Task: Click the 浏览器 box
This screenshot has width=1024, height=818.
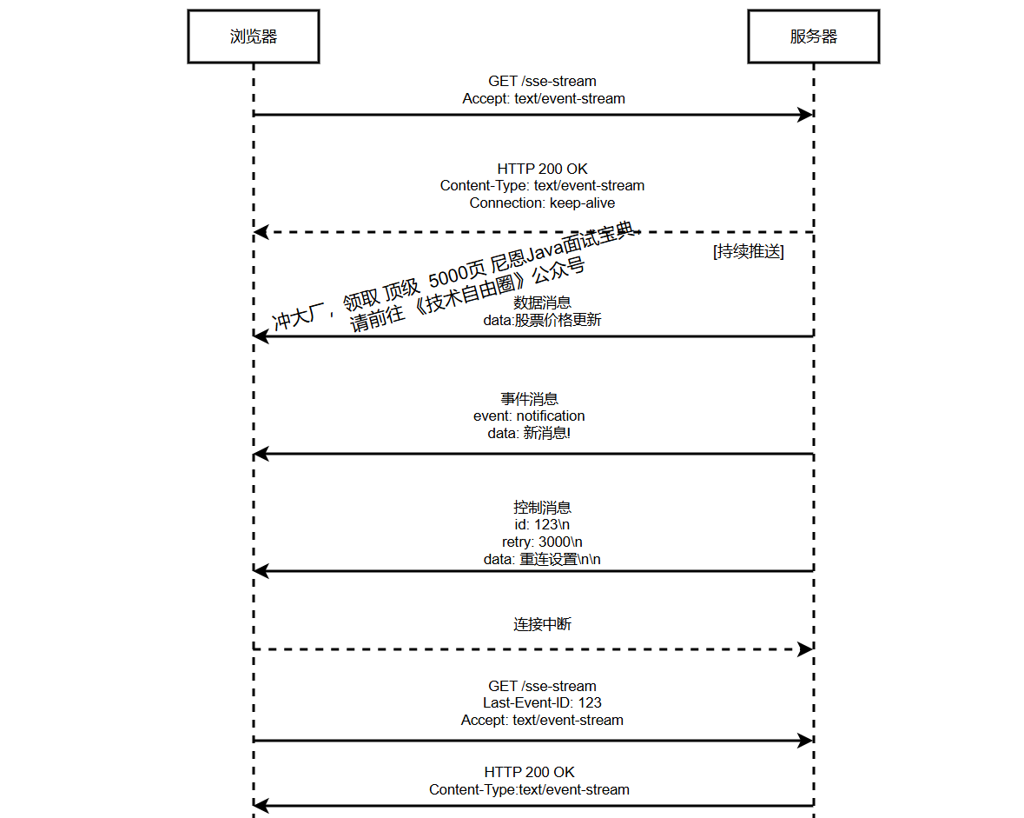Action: click(x=254, y=37)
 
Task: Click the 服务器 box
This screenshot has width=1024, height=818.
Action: click(x=813, y=37)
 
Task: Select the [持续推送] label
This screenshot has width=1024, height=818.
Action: click(x=748, y=252)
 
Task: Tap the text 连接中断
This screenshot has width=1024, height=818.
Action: click(x=542, y=624)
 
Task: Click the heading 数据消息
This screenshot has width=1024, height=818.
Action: click(x=542, y=303)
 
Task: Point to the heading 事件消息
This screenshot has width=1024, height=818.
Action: click(x=529, y=399)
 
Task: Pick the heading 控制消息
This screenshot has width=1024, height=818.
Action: click(x=542, y=508)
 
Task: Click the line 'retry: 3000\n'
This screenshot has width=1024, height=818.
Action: click(x=542, y=542)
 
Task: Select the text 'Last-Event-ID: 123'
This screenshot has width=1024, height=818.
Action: click(x=542, y=702)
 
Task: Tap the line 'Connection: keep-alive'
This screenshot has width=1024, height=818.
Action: click(x=542, y=203)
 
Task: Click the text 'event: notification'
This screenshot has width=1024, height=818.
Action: click(x=529, y=416)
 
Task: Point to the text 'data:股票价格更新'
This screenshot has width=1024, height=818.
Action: click(x=542, y=320)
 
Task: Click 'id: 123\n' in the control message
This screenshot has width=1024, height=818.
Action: click(x=542, y=525)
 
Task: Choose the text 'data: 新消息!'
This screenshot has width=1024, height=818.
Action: click(x=529, y=433)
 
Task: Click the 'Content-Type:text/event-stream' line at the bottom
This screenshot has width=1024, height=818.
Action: click(x=529, y=789)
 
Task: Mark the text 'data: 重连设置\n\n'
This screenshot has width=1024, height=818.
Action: click(x=542, y=559)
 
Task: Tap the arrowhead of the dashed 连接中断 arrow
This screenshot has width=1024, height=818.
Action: click(x=806, y=649)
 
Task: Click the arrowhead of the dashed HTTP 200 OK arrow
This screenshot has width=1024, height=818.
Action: click(x=260, y=232)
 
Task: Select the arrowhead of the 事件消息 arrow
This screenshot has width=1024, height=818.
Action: click(x=260, y=454)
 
